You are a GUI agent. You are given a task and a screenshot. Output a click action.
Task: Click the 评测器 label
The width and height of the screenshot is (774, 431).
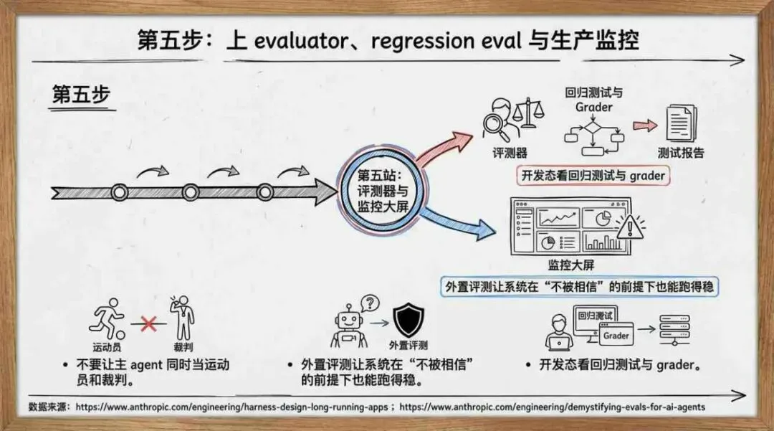(510, 153)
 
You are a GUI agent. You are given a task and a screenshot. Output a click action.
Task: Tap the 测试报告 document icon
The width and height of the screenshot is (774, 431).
(681, 123)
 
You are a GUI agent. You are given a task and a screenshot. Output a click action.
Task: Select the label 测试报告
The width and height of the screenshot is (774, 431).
(681, 153)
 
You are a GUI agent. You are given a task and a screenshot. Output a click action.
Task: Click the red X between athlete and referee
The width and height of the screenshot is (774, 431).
(149, 323)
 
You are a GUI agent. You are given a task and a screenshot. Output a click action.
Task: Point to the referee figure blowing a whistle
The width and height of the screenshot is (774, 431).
(181, 320)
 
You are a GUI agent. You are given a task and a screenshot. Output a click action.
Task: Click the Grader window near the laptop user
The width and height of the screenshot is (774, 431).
(616, 335)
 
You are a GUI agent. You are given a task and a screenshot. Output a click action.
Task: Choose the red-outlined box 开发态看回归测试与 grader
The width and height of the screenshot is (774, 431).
(593, 176)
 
